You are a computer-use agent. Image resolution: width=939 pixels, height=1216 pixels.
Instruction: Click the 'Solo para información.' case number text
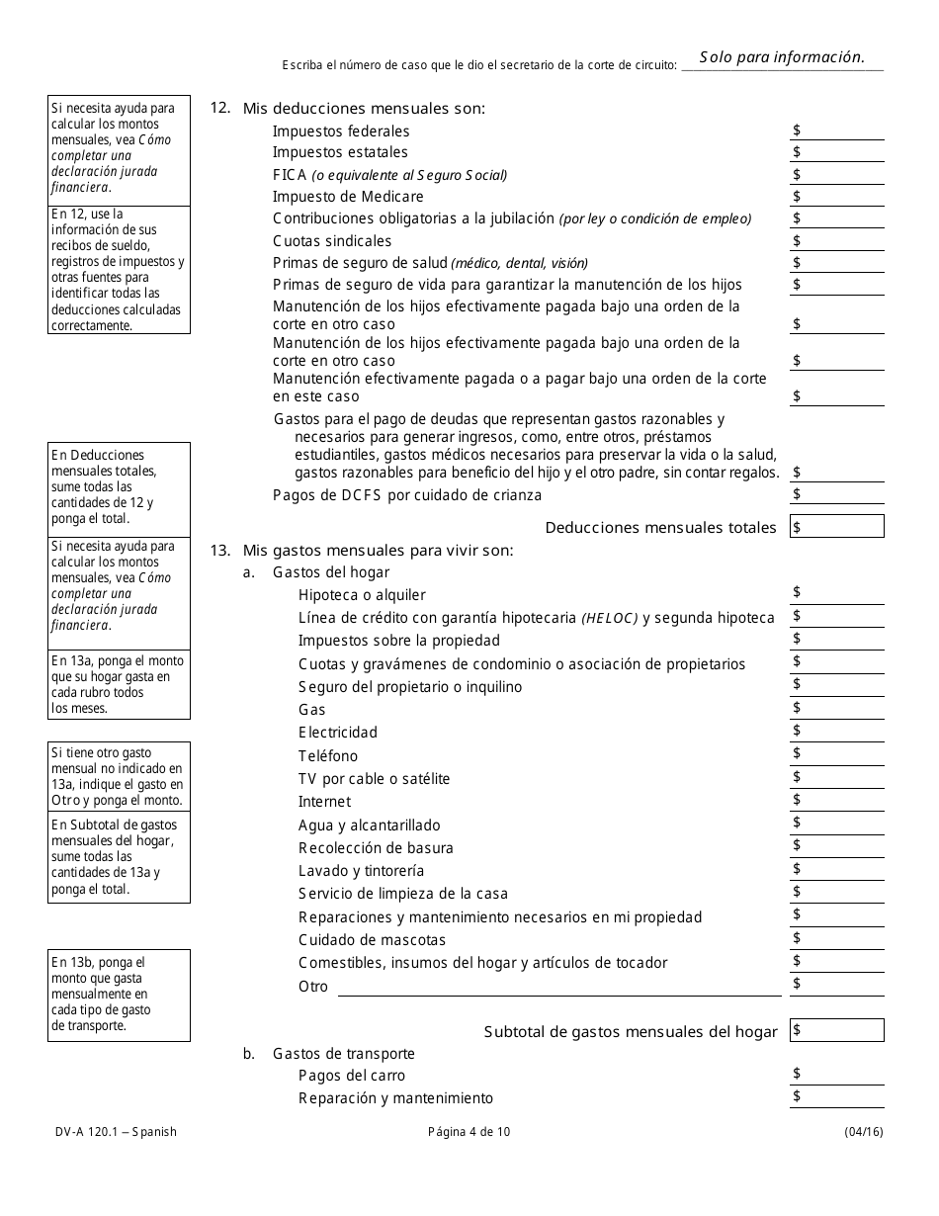click(782, 57)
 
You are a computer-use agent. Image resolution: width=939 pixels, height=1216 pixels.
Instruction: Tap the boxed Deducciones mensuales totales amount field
click(837, 527)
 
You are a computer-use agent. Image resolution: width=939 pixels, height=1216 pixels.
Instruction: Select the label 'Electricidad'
click(338, 733)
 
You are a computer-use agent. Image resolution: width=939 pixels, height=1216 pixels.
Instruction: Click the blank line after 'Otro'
click(559, 987)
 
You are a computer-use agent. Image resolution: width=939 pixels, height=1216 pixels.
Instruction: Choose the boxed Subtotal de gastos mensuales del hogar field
click(837, 1031)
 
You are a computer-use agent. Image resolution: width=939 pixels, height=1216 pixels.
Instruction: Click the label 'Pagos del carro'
click(352, 1076)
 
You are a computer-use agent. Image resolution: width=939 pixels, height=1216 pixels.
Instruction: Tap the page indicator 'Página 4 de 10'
click(469, 1132)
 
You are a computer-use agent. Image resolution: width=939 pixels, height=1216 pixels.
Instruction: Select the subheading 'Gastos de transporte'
click(343, 1054)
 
